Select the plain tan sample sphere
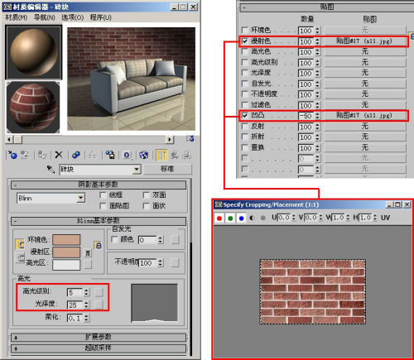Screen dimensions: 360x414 click(32, 53)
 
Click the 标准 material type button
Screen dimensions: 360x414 click(166, 169)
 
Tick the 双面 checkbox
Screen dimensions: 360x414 click(147, 194)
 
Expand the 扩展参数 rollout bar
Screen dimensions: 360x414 click(103, 337)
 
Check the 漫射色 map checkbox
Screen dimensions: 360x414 click(243, 41)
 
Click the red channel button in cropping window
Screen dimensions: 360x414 click(218, 218)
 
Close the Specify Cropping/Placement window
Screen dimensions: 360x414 click(405, 204)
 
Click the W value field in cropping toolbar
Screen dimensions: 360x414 click(338, 218)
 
